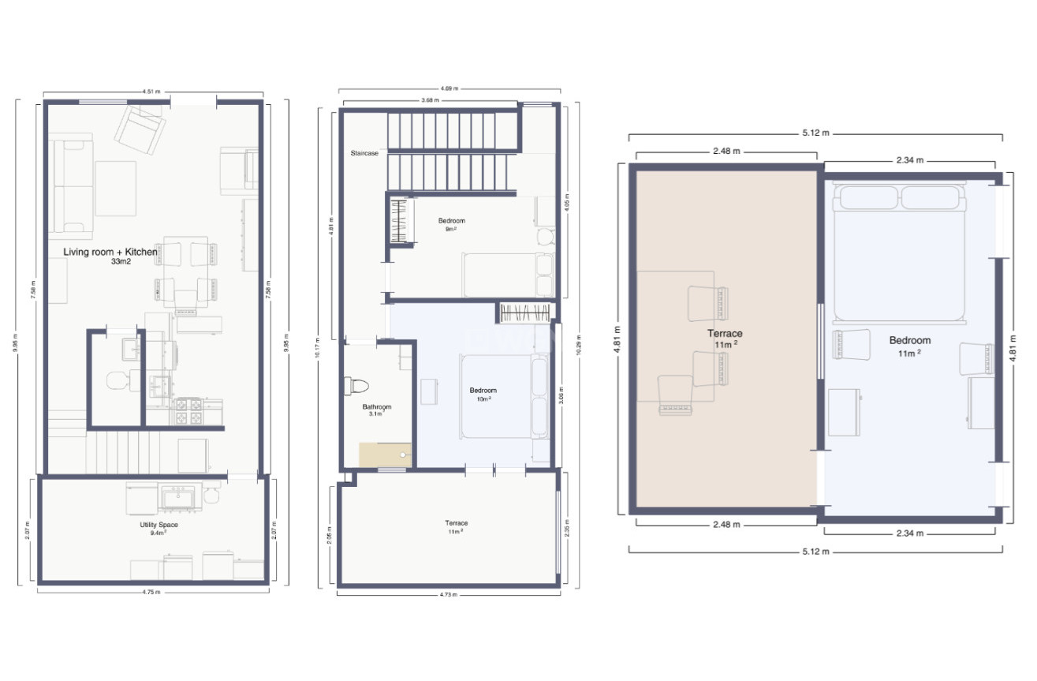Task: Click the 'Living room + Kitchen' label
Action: (x=110, y=252)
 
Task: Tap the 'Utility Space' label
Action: (x=153, y=525)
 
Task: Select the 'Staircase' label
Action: (x=364, y=153)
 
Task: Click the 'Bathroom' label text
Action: (x=376, y=407)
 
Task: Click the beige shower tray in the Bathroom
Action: (x=386, y=455)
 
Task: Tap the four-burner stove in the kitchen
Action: (x=188, y=410)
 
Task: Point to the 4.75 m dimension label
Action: (x=151, y=592)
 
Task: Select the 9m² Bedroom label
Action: (x=451, y=220)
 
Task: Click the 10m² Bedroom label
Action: (x=483, y=391)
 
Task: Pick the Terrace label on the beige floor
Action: (x=724, y=334)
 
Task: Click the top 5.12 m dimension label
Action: (x=815, y=133)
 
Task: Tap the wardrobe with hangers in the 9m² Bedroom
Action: (x=402, y=222)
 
